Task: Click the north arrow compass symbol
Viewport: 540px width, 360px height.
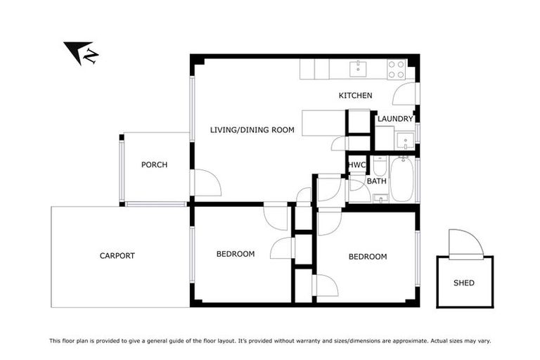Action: click(x=80, y=53)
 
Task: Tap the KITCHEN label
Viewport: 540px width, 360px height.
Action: click(x=355, y=96)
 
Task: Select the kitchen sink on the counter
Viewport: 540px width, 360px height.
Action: click(x=359, y=67)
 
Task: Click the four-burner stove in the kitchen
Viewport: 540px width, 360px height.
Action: click(x=396, y=69)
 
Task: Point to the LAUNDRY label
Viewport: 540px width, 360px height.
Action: click(x=394, y=119)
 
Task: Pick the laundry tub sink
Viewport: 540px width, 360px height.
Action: click(x=404, y=141)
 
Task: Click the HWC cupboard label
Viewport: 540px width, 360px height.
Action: click(x=357, y=165)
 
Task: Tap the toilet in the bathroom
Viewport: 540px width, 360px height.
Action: click(x=380, y=166)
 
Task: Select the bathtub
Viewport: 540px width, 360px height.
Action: click(x=403, y=179)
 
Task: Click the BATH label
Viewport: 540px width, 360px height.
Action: click(x=376, y=181)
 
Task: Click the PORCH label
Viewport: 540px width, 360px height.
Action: click(x=154, y=165)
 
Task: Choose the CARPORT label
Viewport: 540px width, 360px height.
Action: click(x=117, y=256)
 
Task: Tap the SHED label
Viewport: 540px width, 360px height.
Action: click(x=463, y=283)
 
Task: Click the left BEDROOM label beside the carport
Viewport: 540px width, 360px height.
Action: click(x=235, y=254)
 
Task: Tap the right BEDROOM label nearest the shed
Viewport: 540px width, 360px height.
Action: click(x=367, y=257)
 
